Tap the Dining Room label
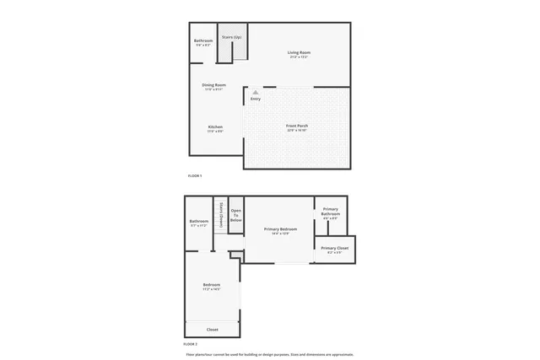213,84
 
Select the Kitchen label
215,126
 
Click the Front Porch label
296,126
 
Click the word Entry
256,99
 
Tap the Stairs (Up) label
231,37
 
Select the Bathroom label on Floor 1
203,40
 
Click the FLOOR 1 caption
194,175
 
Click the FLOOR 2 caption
191,344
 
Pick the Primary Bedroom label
280,229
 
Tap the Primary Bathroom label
330,211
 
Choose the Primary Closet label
334,249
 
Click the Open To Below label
236,214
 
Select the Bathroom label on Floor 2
198,221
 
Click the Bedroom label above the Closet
212,285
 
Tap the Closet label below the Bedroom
212,329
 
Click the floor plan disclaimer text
270,354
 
